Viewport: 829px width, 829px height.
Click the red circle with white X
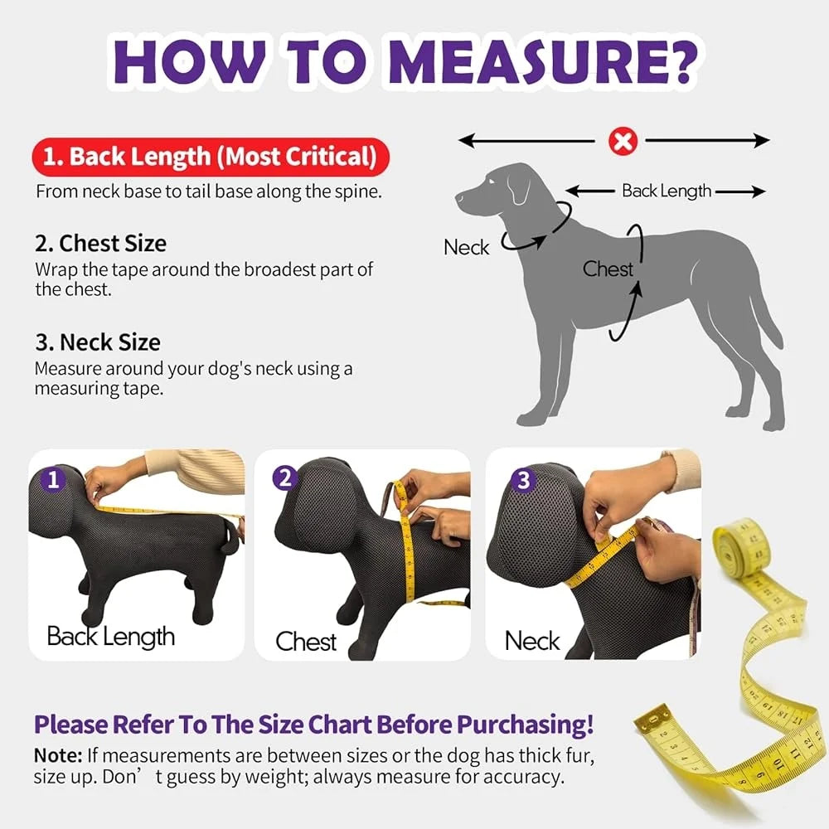click(x=622, y=142)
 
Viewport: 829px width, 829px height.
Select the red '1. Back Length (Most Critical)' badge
click(x=210, y=156)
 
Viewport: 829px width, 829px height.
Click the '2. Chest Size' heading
click(x=100, y=244)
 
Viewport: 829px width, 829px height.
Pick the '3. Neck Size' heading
click(x=98, y=342)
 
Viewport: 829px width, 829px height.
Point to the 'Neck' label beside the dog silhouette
click(x=466, y=247)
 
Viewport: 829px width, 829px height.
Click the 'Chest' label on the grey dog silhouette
click(x=607, y=269)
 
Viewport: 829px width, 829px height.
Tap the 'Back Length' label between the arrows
click(x=667, y=191)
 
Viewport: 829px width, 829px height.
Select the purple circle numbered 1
click(x=54, y=479)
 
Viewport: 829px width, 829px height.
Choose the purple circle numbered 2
click(x=286, y=478)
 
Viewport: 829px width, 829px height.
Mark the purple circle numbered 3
click(x=522, y=479)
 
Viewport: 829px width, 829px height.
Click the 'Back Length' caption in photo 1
click(x=110, y=637)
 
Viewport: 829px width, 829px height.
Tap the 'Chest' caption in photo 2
click(x=306, y=642)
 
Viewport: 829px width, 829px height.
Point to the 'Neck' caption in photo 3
click(x=532, y=641)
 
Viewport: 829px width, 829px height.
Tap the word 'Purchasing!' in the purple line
click(x=526, y=724)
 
